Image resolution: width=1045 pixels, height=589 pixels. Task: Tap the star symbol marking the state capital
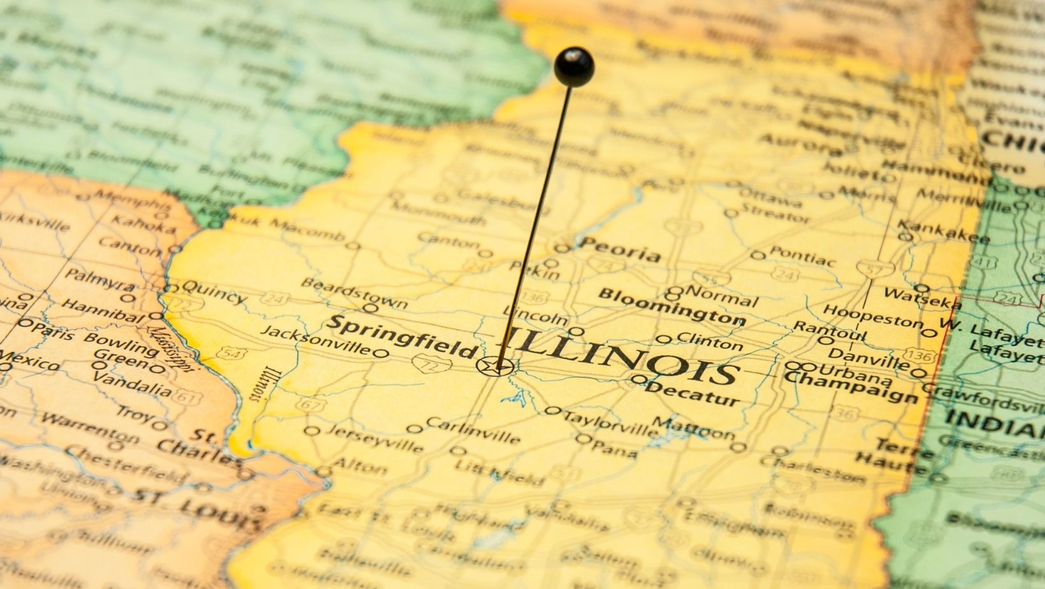[x=495, y=367]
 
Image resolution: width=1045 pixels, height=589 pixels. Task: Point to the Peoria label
[x=621, y=249]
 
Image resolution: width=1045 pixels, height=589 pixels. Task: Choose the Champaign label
[x=851, y=386]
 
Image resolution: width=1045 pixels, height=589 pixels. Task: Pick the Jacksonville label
[x=315, y=340]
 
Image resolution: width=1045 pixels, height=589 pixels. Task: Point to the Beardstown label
[x=354, y=292]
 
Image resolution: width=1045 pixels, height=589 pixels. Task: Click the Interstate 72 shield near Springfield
[x=423, y=363]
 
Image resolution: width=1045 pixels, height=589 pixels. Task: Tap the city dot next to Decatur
[x=639, y=379]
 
